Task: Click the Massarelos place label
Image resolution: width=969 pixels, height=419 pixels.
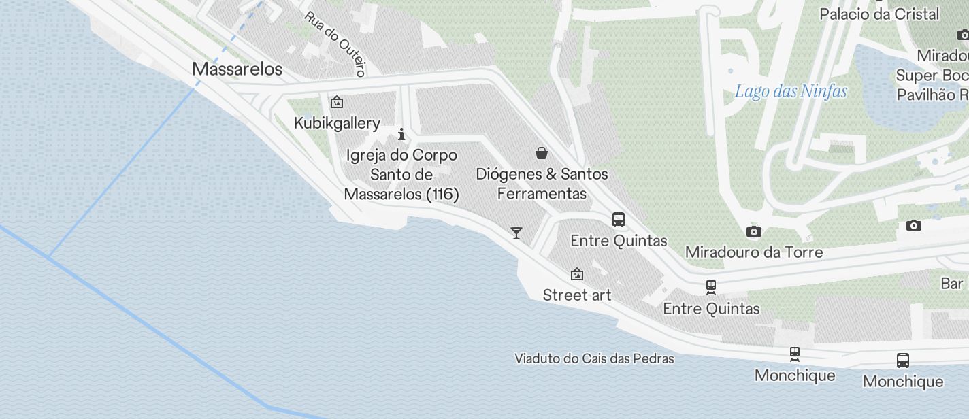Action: pyautogui.click(x=237, y=69)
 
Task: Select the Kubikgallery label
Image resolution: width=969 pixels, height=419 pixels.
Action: pyautogui.click(x=337, y=123)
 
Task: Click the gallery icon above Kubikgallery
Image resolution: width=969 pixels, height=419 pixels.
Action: pyautogui.click(x=336, y=103)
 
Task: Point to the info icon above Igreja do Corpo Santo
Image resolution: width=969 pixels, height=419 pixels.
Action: pyautogui.click(x=401, y=134)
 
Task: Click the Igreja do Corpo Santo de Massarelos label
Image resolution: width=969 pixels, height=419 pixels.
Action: pyautogui.click(x=401, y=175)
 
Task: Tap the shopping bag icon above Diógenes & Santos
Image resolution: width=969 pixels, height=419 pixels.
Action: pyautogui.click(x=542, y=153)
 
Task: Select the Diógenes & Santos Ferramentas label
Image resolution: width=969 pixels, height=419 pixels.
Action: pyautogui.click(x=542, y=184)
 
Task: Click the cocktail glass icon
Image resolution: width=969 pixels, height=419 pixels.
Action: pyautogui.click(x=516, y=233)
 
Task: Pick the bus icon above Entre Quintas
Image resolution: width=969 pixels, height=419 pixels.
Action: pyautogui.click(x=619, y=220)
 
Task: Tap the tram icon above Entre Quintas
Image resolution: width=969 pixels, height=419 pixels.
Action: pyautogui.click(x=711, y=287)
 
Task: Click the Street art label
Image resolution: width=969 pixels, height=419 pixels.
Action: pyautogui.click(x=577, y=295)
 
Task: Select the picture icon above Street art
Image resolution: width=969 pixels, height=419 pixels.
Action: pyautogui.click(x=577, y=274)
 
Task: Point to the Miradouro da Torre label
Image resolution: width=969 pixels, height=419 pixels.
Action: pyautogui.click(x=754, y=252)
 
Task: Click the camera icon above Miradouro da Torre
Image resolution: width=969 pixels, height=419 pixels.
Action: pyautogui.click(x=753, y=232)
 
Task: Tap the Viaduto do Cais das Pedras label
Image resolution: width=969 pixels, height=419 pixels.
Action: pyautogui.click(x=594, y=358)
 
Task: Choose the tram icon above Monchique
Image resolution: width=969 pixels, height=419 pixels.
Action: pyautogui.click(x=794, y=354)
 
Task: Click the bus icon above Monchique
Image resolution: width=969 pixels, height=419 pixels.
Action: pyautogui.click(x=903, y=360)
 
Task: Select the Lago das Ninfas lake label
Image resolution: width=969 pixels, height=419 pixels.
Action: pyautogui.click(x=791, y=91)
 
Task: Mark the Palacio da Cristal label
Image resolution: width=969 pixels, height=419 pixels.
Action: pyautogui.click(x=879, y=14)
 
